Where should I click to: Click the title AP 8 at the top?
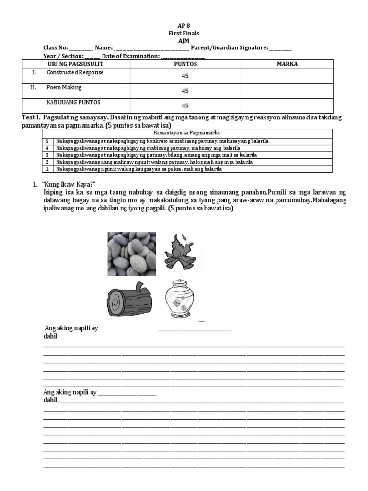[184, 26]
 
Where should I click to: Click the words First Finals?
[184, 33]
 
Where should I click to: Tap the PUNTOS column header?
[185, 64]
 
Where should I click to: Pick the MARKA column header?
[287, 64]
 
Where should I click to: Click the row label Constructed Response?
[75, 73]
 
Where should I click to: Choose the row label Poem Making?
[64, 88]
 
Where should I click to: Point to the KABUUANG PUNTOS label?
[73, 103]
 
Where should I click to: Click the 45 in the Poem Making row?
[185, 91]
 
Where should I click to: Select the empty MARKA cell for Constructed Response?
[287, 76]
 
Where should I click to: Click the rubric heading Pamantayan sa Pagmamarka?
[190, 133]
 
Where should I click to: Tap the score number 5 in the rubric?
[47, 141]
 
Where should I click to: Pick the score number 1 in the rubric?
[47, 169]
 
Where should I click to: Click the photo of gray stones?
[131, 254]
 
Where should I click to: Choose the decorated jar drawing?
[180, 299]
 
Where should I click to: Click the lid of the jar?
[180, 283]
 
